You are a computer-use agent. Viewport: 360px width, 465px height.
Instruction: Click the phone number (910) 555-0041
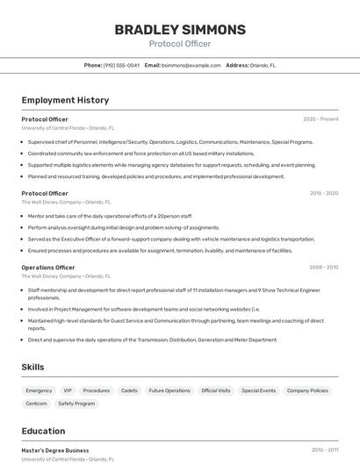coord(121,65)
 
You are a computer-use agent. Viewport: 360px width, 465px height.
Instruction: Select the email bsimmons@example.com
coord(191,65)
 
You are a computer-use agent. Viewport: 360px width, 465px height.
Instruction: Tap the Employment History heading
coord(65,100)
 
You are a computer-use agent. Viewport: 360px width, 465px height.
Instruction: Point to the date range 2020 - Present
coord(320,119)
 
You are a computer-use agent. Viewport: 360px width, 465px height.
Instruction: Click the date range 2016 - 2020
coord(323,193)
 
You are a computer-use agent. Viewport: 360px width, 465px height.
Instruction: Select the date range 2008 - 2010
coord(323,268)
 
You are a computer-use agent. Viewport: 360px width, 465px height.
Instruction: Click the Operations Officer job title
coord(48,268)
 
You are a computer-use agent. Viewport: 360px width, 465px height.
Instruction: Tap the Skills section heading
coord(32,367)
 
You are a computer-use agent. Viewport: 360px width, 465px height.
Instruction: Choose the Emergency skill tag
coord(39,390)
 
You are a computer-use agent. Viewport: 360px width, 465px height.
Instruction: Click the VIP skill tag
coord(68,390)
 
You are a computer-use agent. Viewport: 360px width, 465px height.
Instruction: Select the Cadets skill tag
coord(129,390)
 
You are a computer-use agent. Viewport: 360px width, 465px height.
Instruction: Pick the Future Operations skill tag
coord(169,390)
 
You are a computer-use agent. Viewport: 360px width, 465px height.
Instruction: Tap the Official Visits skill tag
coord(216,390)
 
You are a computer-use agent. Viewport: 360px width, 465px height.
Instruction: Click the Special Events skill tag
coord(259,390)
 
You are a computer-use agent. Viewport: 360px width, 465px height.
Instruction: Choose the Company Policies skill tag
coord(307,390)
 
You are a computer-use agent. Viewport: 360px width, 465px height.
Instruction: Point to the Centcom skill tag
coord(36,404)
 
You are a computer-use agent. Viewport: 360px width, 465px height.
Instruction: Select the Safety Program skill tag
coord(76,404)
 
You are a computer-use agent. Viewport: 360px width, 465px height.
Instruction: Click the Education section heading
coord(43,431)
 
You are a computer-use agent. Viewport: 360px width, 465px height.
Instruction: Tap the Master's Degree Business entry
coord(55,450)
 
